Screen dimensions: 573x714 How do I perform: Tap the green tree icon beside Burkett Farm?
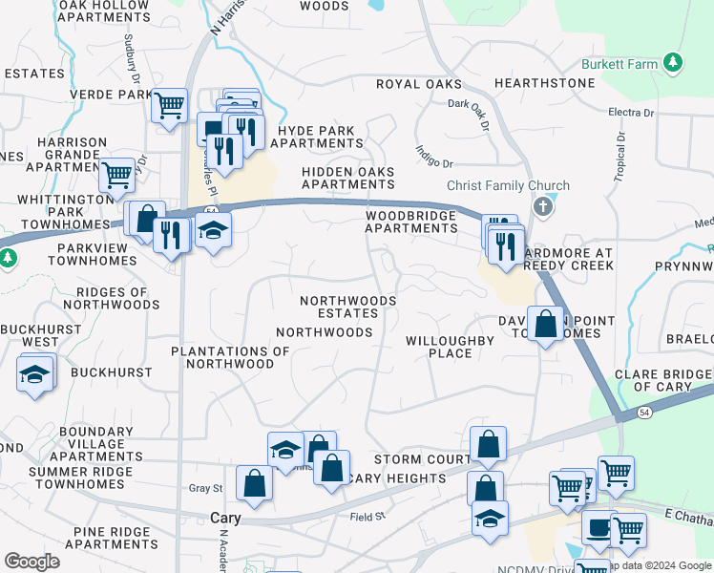coord(674,63)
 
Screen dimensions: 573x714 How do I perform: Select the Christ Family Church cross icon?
coord(543,205)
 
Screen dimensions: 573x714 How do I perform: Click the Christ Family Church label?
coord(508,186)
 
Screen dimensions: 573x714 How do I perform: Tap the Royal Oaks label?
coord(418,84)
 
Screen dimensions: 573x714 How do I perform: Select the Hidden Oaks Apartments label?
coord(347,178)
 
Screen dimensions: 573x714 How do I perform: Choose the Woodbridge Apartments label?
coord(411,223)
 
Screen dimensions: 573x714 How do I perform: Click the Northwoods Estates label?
coord(347,307)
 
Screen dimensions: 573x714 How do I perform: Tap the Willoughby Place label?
coord(450,347)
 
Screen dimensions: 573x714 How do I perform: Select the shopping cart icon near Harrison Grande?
coord(116,174)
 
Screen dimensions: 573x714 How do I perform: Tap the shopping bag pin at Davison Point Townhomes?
coord(545,324)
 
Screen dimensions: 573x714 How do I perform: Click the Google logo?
coord(32,562)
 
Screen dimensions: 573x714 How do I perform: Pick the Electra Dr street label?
coord(631,113)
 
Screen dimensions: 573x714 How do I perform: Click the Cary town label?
coord(224,518)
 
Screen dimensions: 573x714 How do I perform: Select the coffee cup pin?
coord(598,528)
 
